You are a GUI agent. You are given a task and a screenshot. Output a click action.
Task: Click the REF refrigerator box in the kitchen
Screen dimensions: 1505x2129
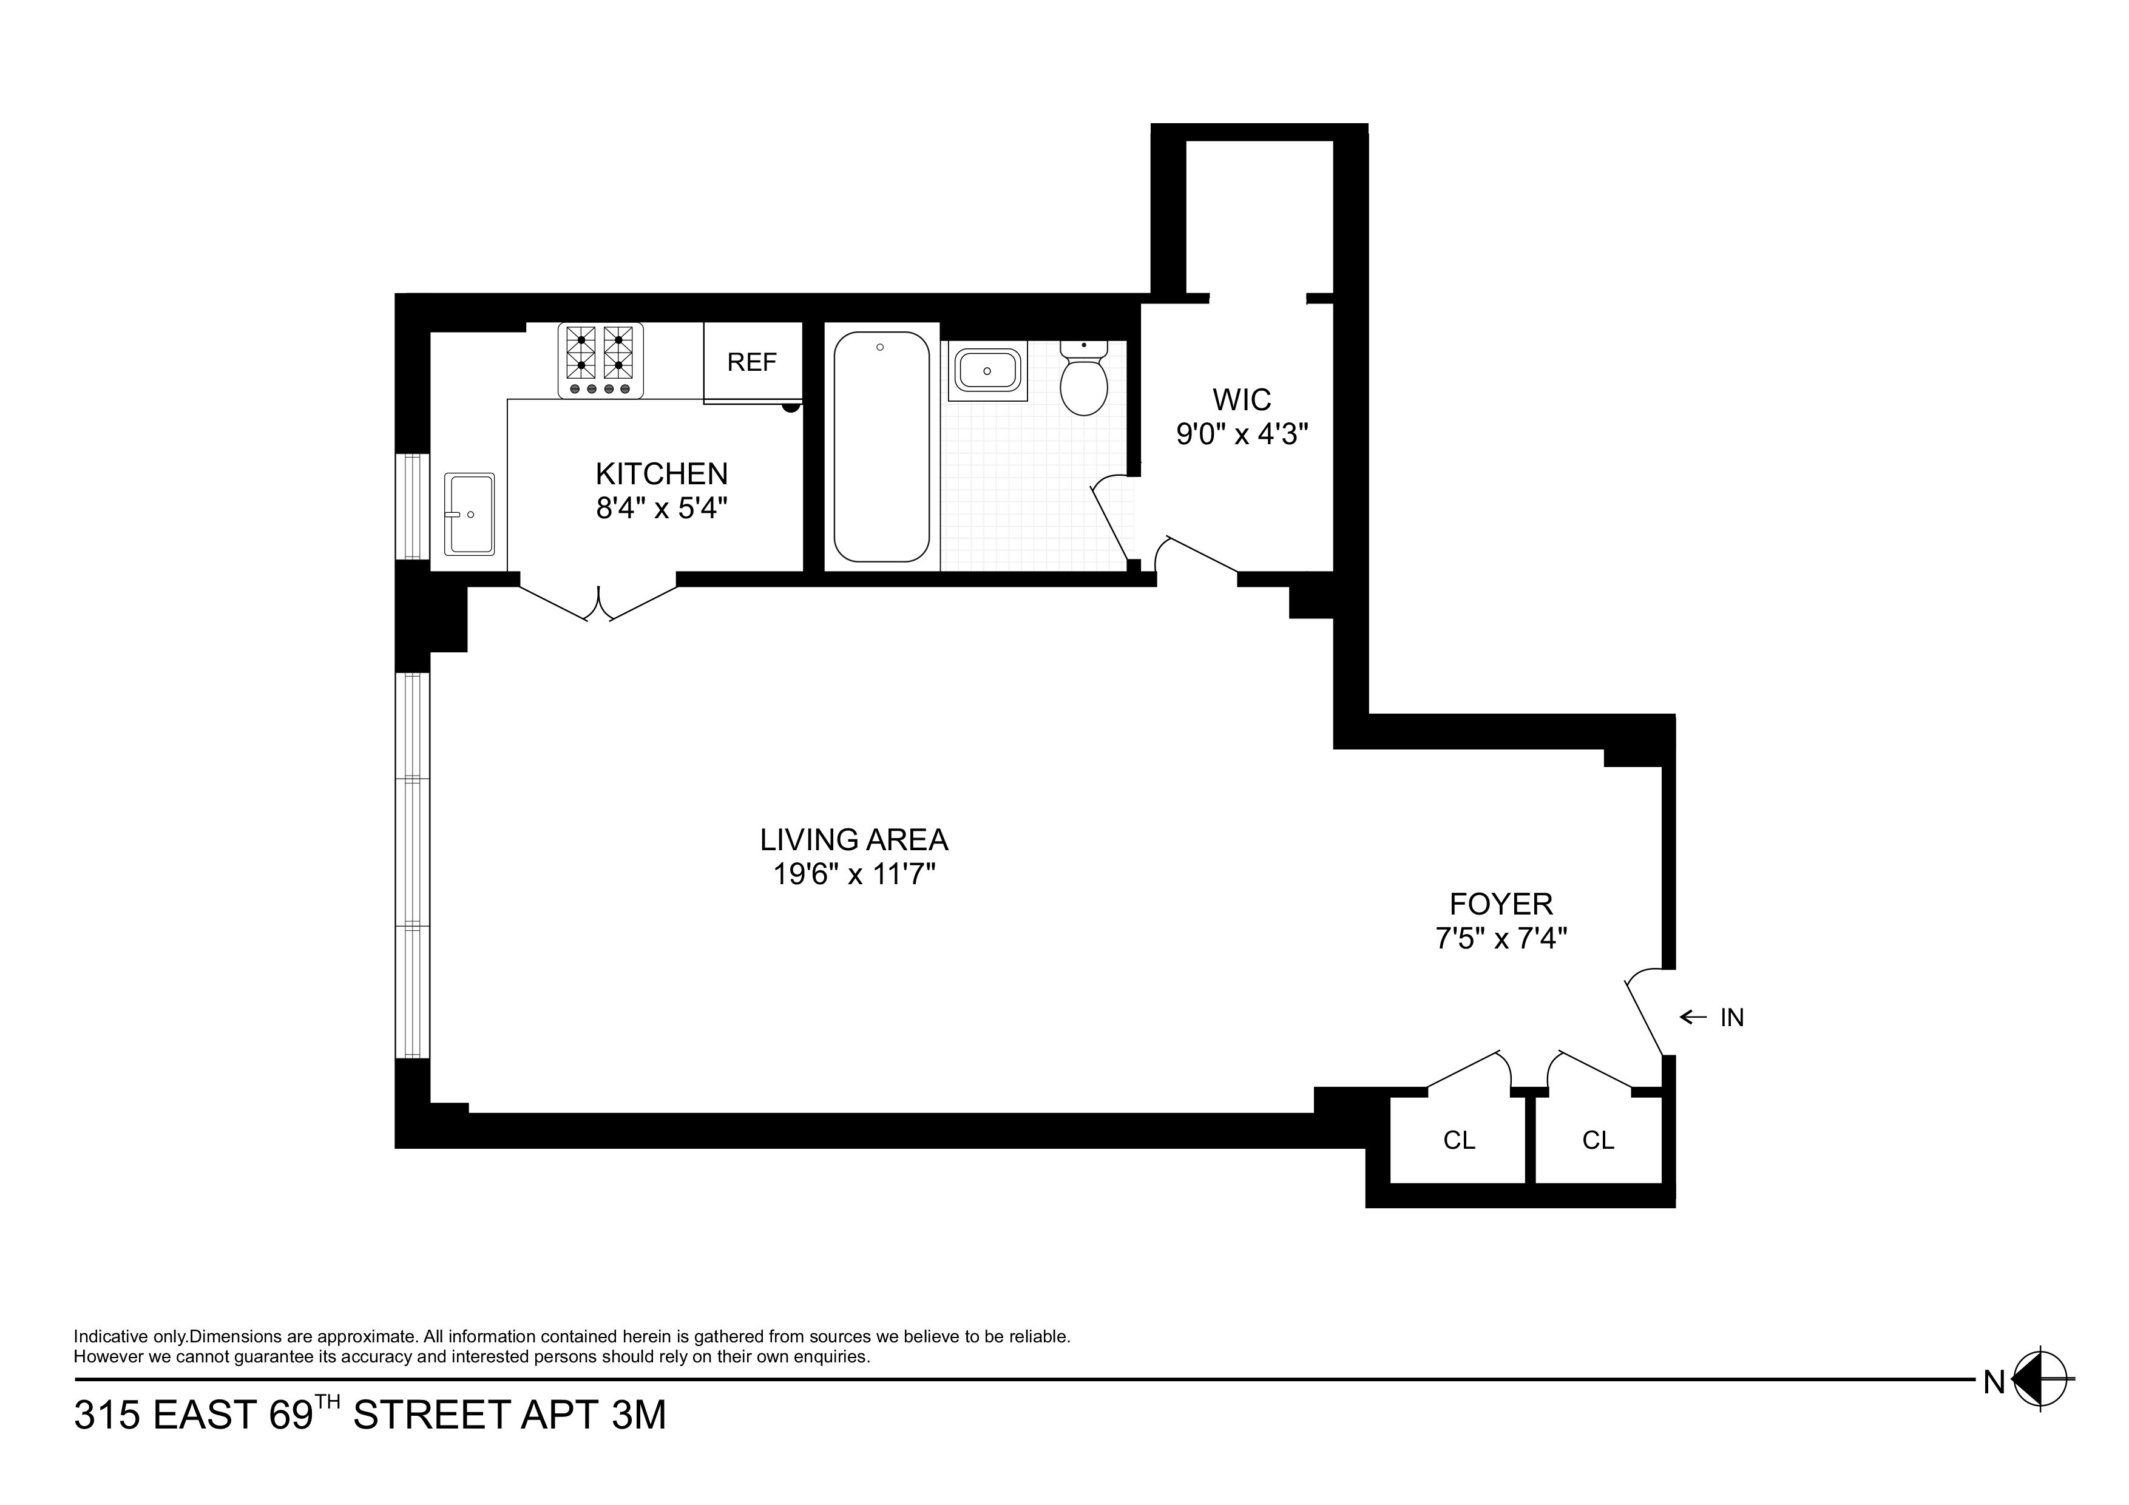pyautogui.click(x=752, y=362)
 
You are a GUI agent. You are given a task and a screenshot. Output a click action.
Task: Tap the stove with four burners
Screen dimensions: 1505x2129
pyautogui.click(x=600, y=360)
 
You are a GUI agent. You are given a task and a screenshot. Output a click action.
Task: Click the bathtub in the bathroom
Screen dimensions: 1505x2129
pyautogui.click(x=881, y=447)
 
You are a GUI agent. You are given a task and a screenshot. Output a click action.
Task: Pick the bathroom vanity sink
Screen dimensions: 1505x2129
pyautogui.click(x=987, y=370)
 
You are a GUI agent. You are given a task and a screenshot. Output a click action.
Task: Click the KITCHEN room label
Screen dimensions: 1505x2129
pyautogui.click(x=661, y=474)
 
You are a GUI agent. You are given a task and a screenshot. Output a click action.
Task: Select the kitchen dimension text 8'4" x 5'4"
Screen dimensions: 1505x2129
pyautogui.click(x=661, y=508)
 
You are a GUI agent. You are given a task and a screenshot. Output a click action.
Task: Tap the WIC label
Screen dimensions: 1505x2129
pyautogui.click(x=1242, y=400)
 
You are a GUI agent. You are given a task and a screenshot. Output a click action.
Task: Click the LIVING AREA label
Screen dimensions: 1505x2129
pyautogui.click(x=853, y=839)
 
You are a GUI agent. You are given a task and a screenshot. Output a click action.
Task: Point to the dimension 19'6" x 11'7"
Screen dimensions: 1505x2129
pyautogui.click(x=853, y=873)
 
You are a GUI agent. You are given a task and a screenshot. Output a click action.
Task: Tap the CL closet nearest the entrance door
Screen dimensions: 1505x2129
pyautogui.click(x=1598, y=1140)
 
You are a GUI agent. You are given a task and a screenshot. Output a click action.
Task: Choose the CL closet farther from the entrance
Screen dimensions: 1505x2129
pyautogui.click(x=1458, y=1140)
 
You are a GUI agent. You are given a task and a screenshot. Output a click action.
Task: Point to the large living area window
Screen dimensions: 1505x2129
pyautogui.click(x=413, y=864)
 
